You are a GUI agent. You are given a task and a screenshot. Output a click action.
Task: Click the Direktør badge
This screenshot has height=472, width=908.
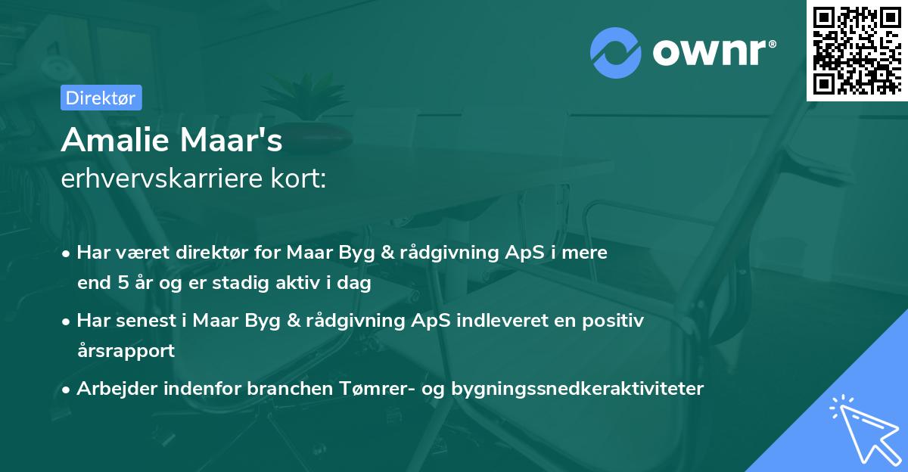coord(101,98)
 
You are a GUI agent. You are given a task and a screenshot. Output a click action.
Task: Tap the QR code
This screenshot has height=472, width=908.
coord(857,51)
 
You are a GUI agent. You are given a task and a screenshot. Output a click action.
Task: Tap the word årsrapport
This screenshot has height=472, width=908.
coord(126,351)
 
